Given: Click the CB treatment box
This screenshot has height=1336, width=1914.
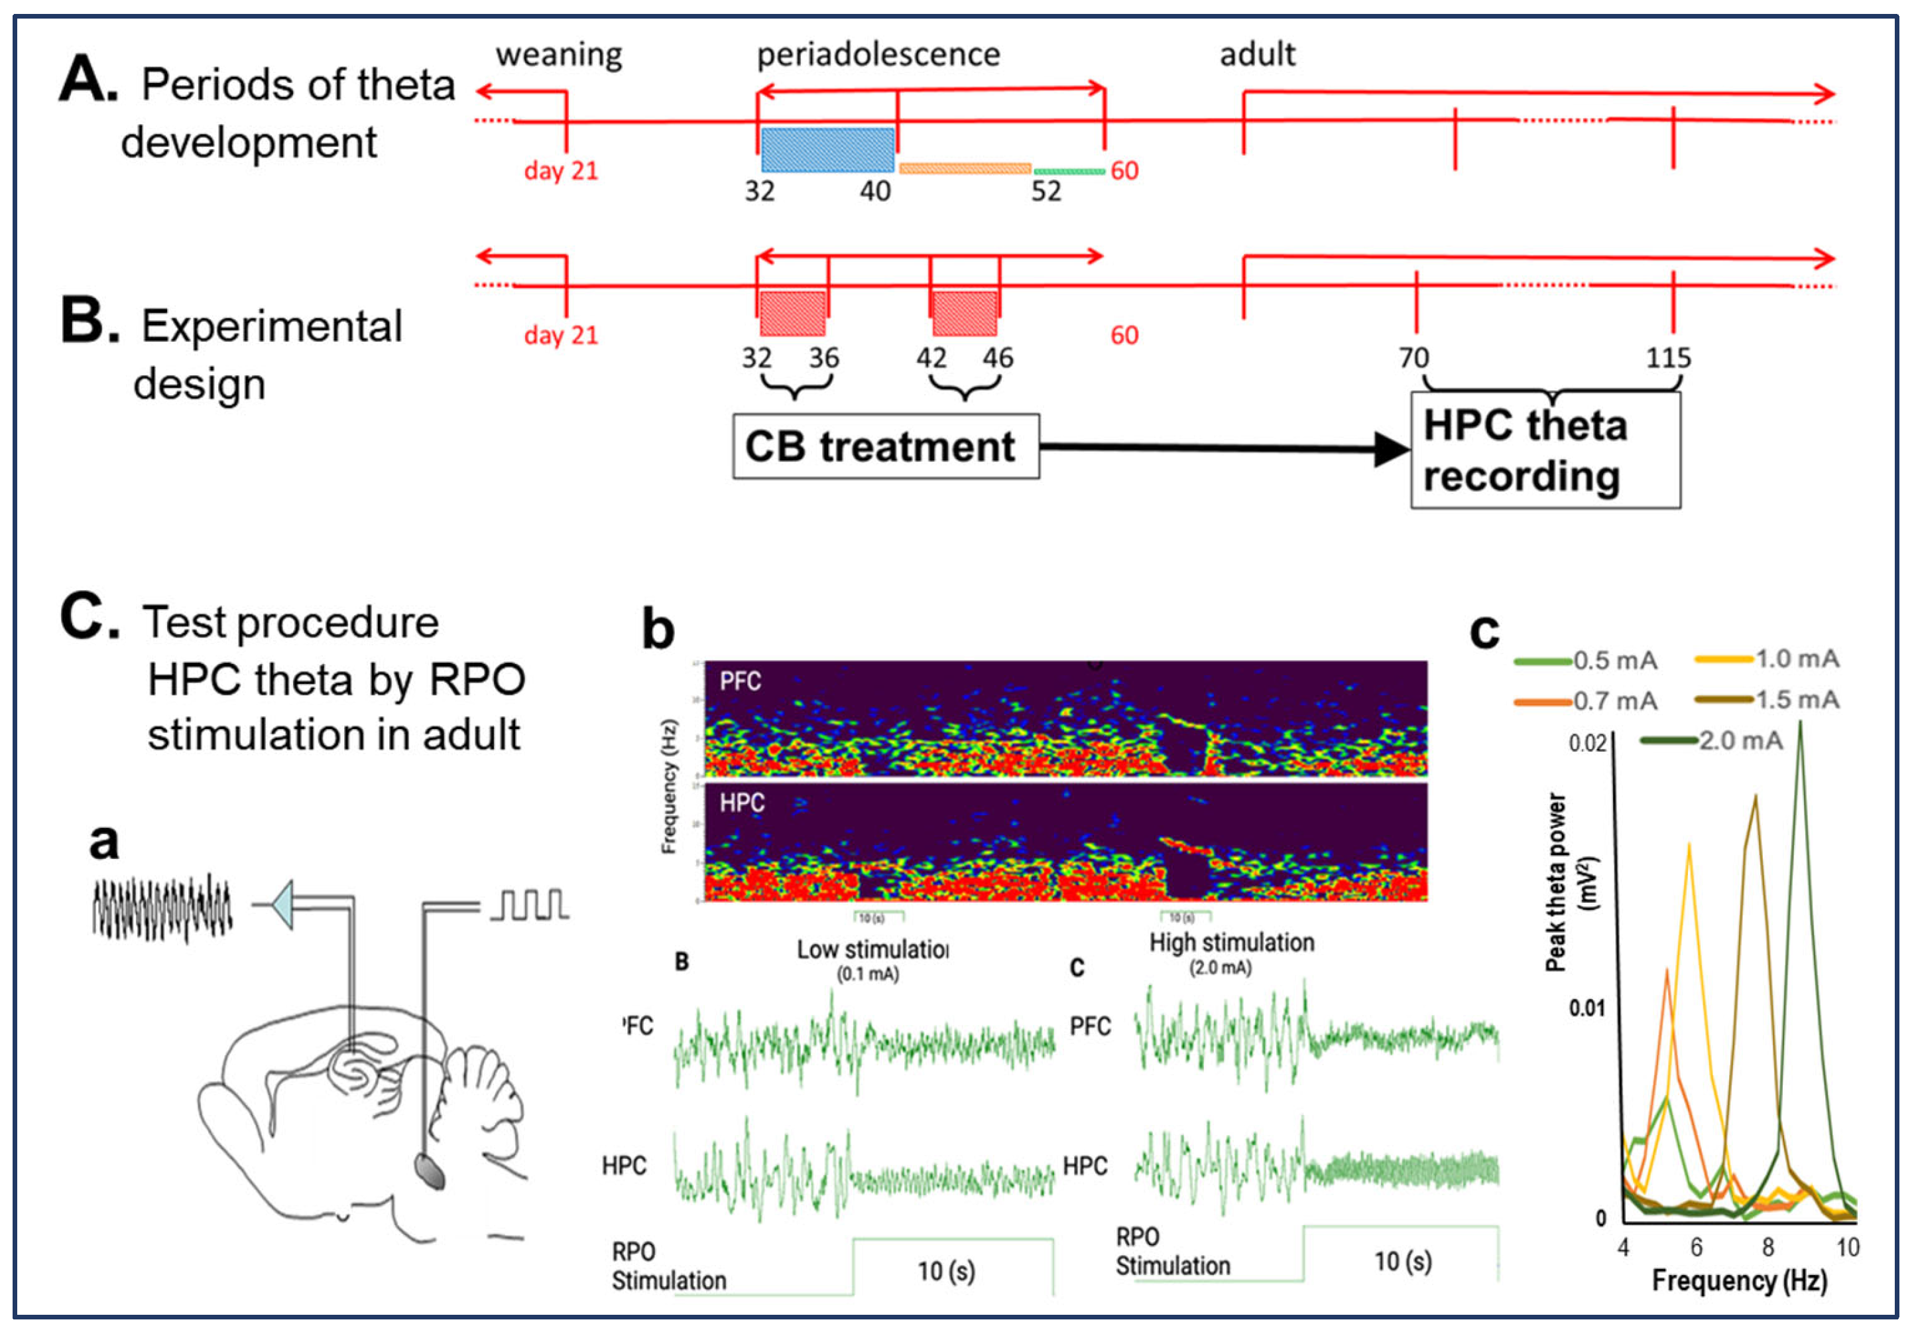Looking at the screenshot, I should tap(885, 446).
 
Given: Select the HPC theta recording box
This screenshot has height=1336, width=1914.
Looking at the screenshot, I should tap(1545, 450).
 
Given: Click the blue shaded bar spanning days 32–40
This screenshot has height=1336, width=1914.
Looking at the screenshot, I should tap(827, 150).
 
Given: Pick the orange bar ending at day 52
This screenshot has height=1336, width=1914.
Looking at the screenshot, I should tap(965, 168).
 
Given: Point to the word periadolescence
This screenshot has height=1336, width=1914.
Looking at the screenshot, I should tap(878, 55).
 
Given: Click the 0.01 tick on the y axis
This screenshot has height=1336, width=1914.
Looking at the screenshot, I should tap(1586, 1008).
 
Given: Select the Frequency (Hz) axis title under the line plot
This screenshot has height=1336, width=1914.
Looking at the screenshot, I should tap(1739, 1280).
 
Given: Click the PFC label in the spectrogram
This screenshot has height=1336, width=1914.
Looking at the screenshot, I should tap(741, 681).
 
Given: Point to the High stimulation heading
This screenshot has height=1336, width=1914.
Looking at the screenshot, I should tap(1231, 943).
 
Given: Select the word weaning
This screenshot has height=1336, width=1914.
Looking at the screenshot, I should tap(558, 55).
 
